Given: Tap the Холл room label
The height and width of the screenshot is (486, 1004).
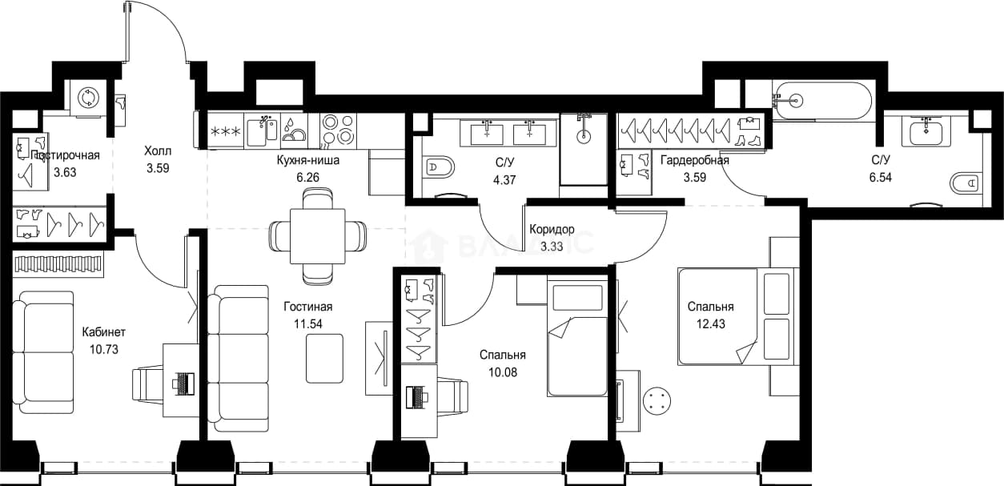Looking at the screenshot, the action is tap(158, 151).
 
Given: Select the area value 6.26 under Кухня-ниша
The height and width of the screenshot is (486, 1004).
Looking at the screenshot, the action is tap(308, 178).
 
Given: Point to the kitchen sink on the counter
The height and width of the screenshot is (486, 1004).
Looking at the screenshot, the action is tap(262, 131).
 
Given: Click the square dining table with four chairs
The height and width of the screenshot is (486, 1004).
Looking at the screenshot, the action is tap(318, 236).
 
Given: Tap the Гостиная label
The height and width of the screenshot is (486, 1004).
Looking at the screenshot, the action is tap(308, 307).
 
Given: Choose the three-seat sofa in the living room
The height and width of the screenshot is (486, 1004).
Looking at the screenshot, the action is tap(238, 359).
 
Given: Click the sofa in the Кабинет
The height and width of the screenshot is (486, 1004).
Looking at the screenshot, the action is tap(43, 353).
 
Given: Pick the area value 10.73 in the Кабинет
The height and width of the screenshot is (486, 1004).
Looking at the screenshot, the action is tap(104, 349).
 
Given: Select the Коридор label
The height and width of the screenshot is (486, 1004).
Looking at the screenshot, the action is tap(552, 230).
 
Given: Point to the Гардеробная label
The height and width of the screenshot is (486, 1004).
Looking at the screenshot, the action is tap(695, 160).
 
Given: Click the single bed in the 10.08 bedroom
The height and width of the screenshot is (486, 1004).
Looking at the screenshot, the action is tap(577, 336).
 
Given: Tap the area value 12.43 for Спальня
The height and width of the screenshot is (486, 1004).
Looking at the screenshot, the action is tap(711, 323).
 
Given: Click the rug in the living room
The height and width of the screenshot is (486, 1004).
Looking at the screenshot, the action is tap(324, 359).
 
